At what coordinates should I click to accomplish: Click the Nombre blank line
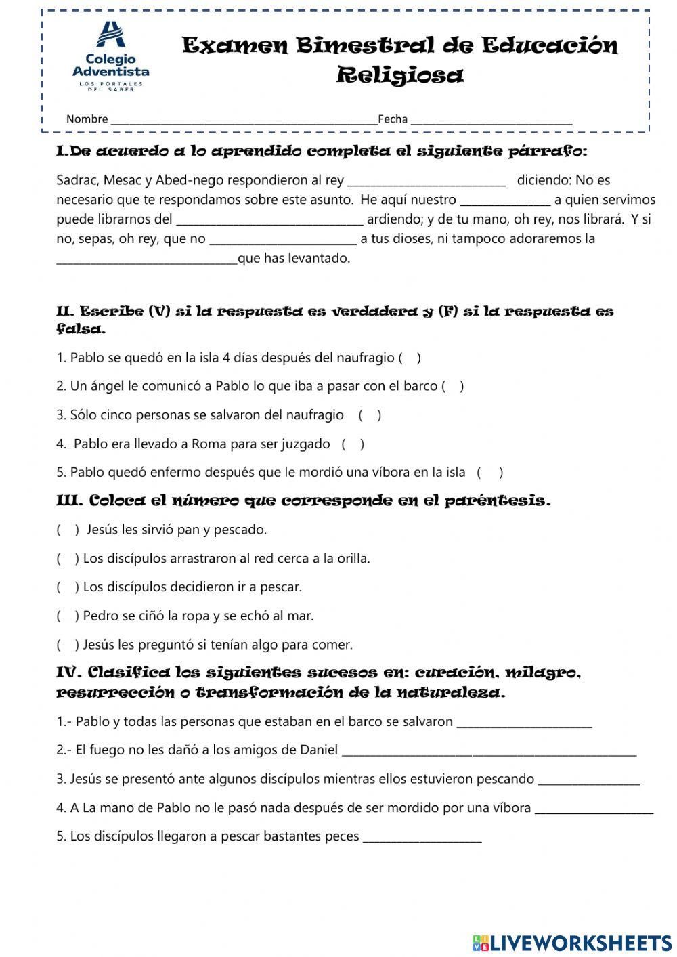[x=244, y=119]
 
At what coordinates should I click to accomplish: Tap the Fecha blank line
[x=492, y=119]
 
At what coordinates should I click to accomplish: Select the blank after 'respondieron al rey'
[x=427, y=181]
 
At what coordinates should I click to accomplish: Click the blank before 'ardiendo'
[x=270, y=220]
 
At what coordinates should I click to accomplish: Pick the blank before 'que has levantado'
[x=146, y=259]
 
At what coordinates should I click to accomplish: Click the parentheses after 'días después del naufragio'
[x=410, y=358]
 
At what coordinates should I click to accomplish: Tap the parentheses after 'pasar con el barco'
[x=453, y=387]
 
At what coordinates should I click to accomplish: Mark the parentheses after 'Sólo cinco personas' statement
[x=370, y=416]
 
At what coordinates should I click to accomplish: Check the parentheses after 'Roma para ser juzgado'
[x=353, y=445]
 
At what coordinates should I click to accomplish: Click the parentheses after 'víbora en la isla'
[x=491, y=473]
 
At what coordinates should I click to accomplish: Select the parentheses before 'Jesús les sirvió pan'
[x=68, y=530]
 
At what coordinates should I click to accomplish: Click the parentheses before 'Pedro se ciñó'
[x=68, y=616]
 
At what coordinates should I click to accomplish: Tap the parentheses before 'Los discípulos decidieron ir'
[x=68, y=587]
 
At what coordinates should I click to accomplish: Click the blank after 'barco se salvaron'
[x=525, y=723]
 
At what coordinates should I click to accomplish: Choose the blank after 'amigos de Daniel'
[x=489, y=751]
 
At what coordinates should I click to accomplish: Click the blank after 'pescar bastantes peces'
[x=422, y=837]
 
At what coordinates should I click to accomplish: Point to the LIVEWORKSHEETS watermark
[x=572, y=942]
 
